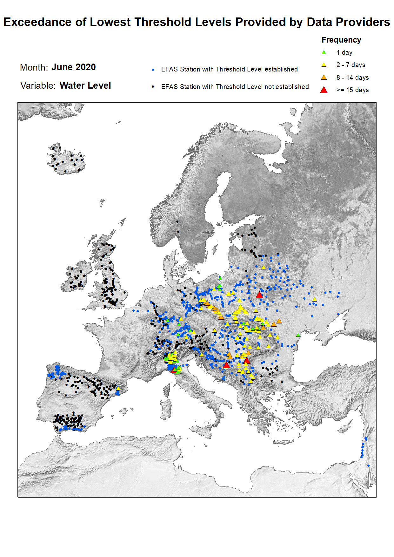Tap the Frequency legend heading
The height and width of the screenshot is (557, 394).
click(x=341, y=40)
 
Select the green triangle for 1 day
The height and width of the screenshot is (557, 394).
click(x=324, y=52)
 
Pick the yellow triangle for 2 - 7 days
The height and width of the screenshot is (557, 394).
click(x=324, y=65)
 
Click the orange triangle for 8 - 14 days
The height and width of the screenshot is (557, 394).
click(x=324, y=78)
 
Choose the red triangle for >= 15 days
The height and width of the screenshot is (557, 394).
click(x=324, y=90)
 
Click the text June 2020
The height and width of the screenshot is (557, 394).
click(x=73, y=67)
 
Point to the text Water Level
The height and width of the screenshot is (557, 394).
click(x=85, y=86)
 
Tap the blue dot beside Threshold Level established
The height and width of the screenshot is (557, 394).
click(x=153, y=70)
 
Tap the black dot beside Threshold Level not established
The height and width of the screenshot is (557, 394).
click(x=153, y=87)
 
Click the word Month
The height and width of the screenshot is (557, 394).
click(x=33, y=68)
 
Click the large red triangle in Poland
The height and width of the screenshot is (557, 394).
click(x=259, y=295)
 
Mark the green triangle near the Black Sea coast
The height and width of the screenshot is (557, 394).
click(x=298, y=335)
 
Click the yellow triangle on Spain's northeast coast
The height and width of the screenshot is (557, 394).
click(x=118, y=388)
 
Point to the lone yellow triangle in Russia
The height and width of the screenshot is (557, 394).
click(x=314, y=299)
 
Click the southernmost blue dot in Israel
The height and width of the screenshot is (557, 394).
click(x=368, y=466)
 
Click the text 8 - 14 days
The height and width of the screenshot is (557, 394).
click(x=352, y=78)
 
